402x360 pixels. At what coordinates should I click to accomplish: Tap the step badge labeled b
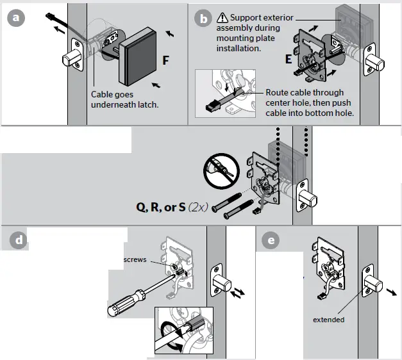point(204,18)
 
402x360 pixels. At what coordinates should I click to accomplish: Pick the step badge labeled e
point(271,241)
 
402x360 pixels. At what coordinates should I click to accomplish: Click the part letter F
point(166,61)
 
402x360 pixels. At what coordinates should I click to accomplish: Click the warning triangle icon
point(222,17)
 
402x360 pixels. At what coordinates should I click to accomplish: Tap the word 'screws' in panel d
point(135,260)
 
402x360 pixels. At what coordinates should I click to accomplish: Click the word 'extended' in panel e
point(328,320)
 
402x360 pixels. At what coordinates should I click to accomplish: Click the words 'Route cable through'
point(305,93)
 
